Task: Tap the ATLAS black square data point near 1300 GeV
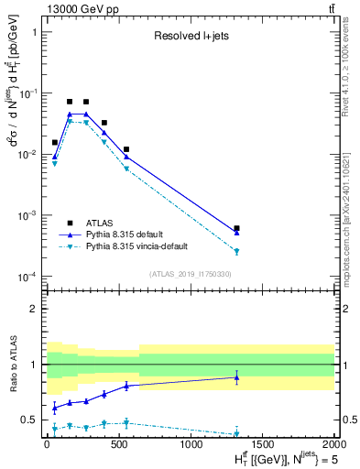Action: coord(236,228)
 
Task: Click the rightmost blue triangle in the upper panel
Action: coord(236,233)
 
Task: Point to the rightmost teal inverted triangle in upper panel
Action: coord(236,251)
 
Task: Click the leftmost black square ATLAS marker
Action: coord(55,142)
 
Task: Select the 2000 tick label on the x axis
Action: coord(333,444)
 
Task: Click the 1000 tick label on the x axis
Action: coord(190,444)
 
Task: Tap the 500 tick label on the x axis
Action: coord(118,444)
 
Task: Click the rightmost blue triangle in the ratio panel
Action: coord(236,377)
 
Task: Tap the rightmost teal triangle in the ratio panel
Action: coord(236,433)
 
